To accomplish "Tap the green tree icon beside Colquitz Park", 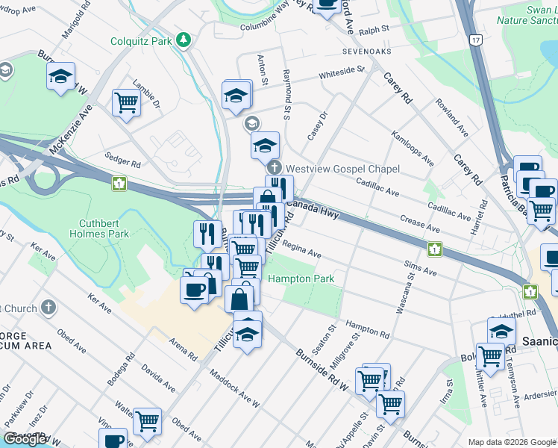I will pos(183,39).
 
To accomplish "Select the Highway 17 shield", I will pos(475,38).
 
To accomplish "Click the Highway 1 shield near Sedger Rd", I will pos(118,181).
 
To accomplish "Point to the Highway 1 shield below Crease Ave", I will pos(432,247).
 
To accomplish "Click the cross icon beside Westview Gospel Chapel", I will pos(275,168).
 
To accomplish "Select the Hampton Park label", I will pos(301,279).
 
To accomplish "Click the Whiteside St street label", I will pos(341,72).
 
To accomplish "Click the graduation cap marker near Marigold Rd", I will pos(61,76).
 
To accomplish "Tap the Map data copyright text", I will pos(512,442).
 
